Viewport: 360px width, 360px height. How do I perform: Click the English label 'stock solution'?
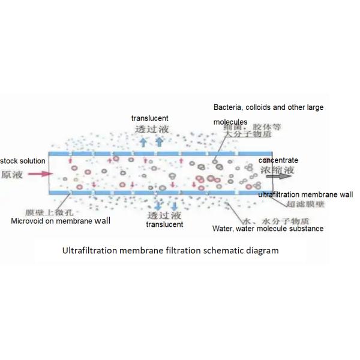click(x=23, y=161)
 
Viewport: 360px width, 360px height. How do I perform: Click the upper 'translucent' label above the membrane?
click(x=150, y=118)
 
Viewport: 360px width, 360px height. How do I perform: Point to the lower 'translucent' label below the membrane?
click(x=164, y=224)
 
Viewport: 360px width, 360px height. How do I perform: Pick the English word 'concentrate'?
click(x=278, y=161)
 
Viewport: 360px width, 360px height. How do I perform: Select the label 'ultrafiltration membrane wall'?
click(x=305, y=195)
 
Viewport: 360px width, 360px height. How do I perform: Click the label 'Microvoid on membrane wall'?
click(x=61, y=221)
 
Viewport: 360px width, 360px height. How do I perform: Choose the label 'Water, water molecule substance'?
click(x=268, y=229)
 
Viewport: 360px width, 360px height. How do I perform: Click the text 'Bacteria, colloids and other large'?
click(x=269, y=107)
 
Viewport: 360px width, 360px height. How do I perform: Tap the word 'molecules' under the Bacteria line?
click(x=230, y=122)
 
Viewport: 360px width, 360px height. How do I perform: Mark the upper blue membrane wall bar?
click(x=150, y=153)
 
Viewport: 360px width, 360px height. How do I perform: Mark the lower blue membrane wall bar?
click(x=150, y=191)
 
